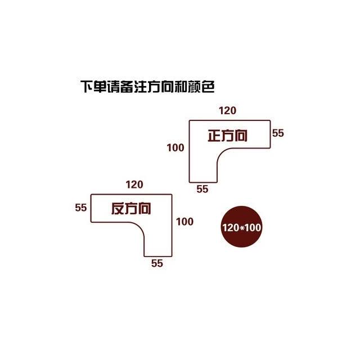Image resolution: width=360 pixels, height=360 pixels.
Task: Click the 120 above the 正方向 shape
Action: coord(227,111)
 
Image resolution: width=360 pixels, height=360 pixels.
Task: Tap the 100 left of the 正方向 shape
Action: coord(175,147)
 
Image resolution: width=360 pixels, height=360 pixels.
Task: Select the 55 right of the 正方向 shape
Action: coord(278,133)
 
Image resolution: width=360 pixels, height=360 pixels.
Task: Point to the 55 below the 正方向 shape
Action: coord(202,189)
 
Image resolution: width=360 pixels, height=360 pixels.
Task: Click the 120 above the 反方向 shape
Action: coord(134,184)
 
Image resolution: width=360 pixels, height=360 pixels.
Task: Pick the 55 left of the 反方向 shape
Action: coord(81,208)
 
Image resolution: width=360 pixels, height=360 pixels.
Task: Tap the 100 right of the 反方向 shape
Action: coord(184,222)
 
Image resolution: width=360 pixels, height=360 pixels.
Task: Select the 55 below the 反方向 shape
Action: coord(157,263)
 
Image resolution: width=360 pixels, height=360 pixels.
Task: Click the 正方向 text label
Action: coord(227,136)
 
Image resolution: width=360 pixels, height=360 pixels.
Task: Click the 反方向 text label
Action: coord(131,209)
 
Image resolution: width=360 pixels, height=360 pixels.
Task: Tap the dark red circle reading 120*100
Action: coord(241,227)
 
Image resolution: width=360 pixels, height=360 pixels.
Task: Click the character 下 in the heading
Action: coord(87,87)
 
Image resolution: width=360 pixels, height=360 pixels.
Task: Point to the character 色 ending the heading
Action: coord(208,87)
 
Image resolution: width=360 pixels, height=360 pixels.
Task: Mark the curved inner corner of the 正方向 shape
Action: coord(221,152)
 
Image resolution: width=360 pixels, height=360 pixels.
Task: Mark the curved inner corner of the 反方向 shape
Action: coord(140,227)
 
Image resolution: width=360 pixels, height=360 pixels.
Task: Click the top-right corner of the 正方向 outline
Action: coord(270,120)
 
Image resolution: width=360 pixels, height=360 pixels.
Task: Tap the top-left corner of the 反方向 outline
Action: coord(91,195)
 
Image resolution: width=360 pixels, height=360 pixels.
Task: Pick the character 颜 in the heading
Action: coord(195,87)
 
